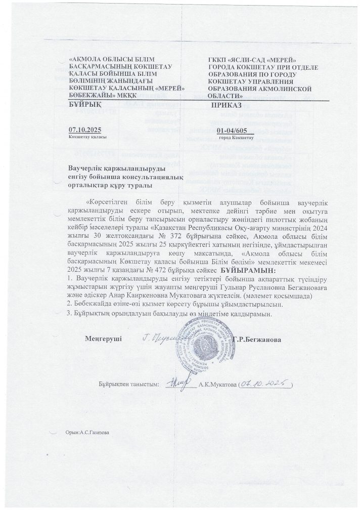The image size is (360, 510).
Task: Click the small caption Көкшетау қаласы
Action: coord(83,137)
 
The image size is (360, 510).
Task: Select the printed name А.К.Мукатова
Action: coord(218,385)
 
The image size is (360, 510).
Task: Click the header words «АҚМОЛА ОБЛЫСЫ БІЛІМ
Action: coord(104,60)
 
